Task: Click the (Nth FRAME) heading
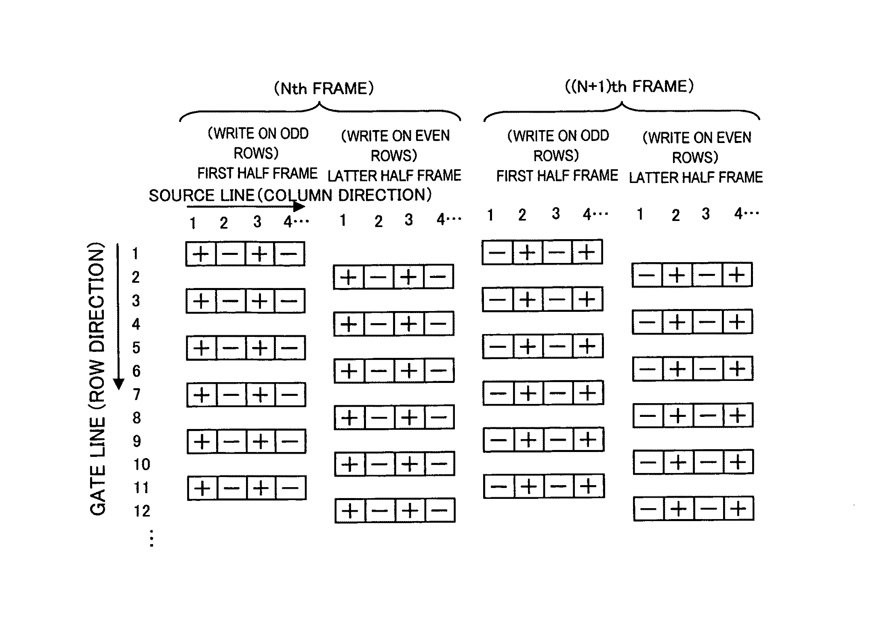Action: click(324, 88)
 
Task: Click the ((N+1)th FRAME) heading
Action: click(629, 86)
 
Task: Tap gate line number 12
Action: click(141, 511)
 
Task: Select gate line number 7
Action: click(137, 394)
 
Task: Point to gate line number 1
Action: click(135, 254)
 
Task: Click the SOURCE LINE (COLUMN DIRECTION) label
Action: click(290, 195)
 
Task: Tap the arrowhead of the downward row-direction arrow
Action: click(118, 384)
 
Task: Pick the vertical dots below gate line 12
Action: click(151, 538)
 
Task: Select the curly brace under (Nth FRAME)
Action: click(320, 111)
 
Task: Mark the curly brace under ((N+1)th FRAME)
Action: click(622, 110)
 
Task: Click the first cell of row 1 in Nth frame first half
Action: click(201, 254)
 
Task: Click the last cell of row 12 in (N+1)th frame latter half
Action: click(738, 509)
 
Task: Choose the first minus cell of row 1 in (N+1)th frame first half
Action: click(497, 252)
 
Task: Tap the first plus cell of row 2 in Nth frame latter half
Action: click(348, 277)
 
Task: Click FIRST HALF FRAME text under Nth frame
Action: click(257, 173)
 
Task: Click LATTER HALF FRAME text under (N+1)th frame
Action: click(696, 177)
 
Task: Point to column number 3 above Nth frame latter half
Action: click(409, 220)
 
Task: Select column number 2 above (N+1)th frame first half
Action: click(522, 215)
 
